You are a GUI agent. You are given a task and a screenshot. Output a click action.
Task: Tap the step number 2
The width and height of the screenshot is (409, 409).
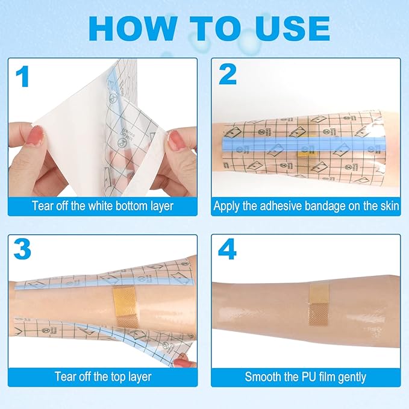pyautogui.click(x=227, y=74)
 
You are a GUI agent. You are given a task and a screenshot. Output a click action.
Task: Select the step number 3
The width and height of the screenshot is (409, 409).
pyautogui.click(x=23, y=248)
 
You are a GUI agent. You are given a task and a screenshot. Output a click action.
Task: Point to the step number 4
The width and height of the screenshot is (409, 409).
pyautogui.click(x=228, y=248)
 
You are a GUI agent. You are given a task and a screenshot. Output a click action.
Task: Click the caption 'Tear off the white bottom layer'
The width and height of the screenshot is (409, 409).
pyautogui.click(x=102, y=206)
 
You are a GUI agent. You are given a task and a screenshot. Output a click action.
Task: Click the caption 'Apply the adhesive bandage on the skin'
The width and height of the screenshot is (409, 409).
pyautogui.click(x=306, y=206)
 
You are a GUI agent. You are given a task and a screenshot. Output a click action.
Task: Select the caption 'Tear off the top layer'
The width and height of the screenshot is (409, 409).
pyautogui.click(x=102, y=377)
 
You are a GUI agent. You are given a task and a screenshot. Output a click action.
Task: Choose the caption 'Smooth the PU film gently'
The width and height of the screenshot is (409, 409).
pyautogui.click(x=306, y=377)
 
